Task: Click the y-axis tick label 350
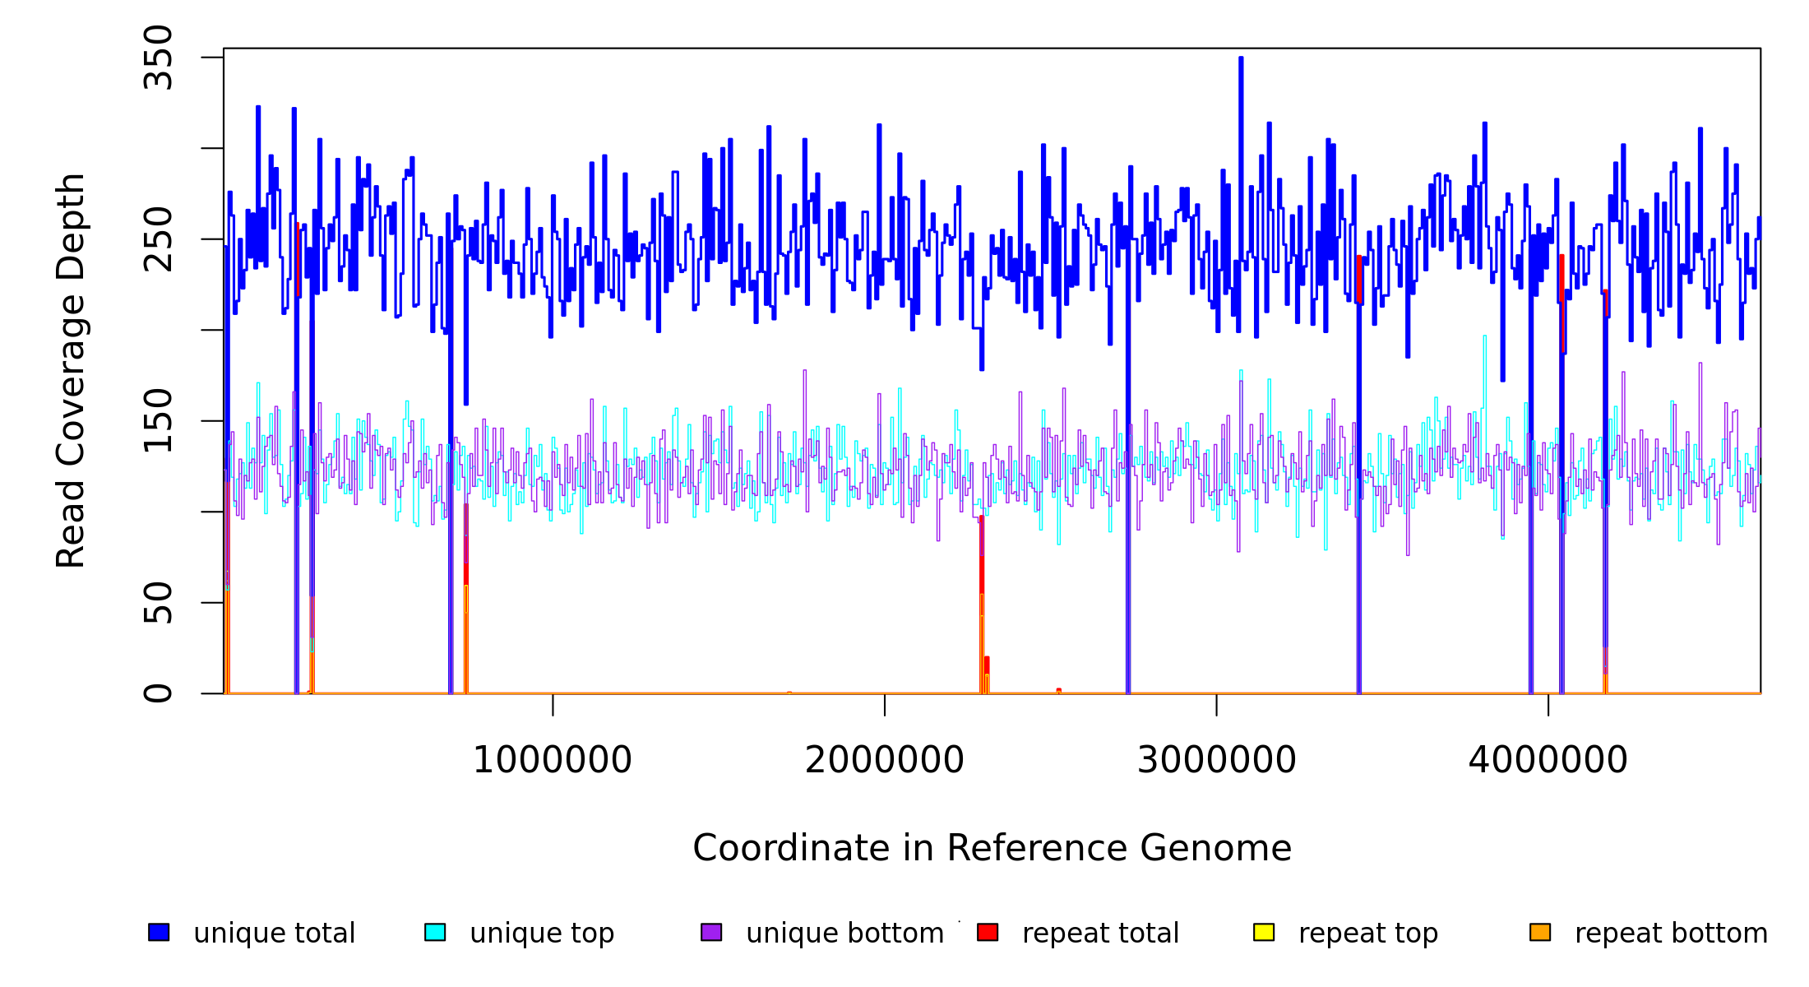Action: (x=158, y=58)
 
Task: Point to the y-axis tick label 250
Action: (x=158, y=239)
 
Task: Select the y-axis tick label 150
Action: (x=158, y=421)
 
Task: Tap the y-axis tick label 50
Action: (x=158, y=603)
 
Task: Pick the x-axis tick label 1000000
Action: (x=553, y=760)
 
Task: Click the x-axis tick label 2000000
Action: (x=885, y=760)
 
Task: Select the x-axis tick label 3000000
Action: (x=1217, y=760)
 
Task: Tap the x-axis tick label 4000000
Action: (x=1548, y=760)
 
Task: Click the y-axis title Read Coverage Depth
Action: (x=71, y=370)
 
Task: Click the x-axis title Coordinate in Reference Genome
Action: (x=992, y=848)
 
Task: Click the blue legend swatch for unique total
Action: (x=159, y=932)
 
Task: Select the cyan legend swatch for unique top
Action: (x=435, y=932)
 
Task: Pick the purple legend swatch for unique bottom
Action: (x=711, y=932)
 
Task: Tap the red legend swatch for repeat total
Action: (x=988, y=932)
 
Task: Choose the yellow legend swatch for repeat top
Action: (x=1264, y=932)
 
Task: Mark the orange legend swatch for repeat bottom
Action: (x=1540, y=932)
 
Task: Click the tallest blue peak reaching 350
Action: (x=1241, y=59)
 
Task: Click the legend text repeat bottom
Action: (x=1671, y=933)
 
